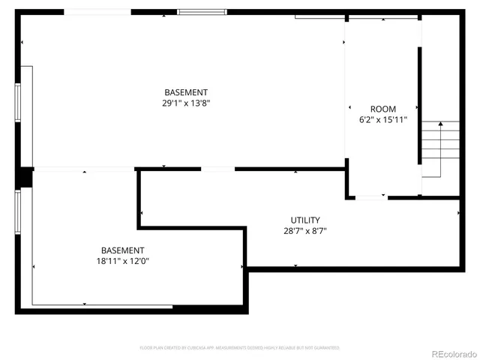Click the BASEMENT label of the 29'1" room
(x=187, y=92)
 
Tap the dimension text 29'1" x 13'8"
(x=187, y=103)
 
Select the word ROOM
(x=382, y=109)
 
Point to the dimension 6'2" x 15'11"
(x=382, y=119)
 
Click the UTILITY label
(x=305, y=220)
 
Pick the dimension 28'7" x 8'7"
(x=305, y=231)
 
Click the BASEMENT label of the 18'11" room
(x=123, y=250)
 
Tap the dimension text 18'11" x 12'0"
(x=123, y=261)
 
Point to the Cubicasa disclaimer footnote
(x=240, y=348)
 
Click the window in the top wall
(x=202, y=12)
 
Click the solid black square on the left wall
(x=24, y=177)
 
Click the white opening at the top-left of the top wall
(x=97, y=12)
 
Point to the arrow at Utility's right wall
(x=459, y=213)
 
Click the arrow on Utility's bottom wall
(x=296, y=266)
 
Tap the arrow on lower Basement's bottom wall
(x=84, y=304)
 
